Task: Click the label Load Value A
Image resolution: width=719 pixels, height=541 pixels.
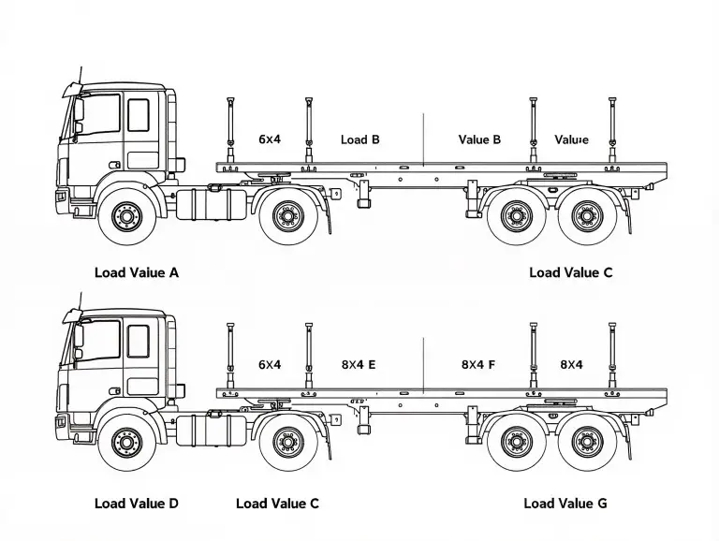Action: tap(137, 273)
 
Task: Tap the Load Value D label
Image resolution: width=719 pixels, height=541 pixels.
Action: tap(137, 504)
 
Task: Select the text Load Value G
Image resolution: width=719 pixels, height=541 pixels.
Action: tap(565, 504)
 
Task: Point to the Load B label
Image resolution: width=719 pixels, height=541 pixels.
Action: tap(360, 139)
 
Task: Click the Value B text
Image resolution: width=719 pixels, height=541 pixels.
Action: tap(479, 139)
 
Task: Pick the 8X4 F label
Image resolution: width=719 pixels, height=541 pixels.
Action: tap(478, 365)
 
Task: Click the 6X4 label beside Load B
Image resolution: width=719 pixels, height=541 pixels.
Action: tap(270, 139)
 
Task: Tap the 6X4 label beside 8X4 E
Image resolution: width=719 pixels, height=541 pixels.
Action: tap(270, 365)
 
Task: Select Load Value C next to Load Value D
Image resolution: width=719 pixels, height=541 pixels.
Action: tap(277, 504)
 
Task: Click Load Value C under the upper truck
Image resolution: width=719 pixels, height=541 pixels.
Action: tap(571, 273)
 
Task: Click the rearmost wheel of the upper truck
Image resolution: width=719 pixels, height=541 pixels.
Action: tap(587, 217)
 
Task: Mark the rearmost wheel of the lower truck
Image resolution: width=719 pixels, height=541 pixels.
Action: tap(587, 442)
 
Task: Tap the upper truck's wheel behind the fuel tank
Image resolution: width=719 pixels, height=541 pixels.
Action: tap(288, 217)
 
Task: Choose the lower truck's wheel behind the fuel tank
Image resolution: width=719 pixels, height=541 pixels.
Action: tap(288, 442)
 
